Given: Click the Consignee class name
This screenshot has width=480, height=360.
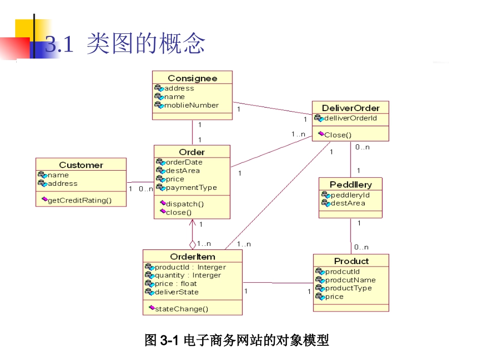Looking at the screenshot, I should (192, 78).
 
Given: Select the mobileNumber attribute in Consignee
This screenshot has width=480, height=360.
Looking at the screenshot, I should (191, 106).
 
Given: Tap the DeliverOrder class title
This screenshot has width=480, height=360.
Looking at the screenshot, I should (351, 108).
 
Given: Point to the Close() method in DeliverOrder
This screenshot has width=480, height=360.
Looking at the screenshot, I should (338, 135).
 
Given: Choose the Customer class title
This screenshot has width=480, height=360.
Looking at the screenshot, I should (81, 165).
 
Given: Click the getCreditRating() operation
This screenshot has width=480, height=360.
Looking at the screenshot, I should (79, 200).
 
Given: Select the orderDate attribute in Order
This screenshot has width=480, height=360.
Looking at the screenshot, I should (184, 162).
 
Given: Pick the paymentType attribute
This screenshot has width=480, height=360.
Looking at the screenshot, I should (191, 187).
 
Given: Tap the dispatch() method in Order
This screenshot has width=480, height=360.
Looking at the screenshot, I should (184, 204).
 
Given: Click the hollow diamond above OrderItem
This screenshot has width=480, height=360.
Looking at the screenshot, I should (193, 244).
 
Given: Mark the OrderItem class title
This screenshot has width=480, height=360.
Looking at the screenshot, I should (193, 256).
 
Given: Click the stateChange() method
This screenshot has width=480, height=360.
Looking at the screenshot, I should (181, 308).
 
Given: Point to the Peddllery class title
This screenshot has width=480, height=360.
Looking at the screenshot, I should (351, 185).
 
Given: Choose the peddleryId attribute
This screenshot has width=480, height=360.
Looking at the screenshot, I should (350, 195).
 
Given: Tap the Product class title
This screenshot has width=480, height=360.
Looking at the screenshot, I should (351, 261).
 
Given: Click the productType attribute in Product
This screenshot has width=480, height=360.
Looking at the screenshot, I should (348, 288).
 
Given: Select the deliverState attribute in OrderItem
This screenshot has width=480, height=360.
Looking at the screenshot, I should (176, 292).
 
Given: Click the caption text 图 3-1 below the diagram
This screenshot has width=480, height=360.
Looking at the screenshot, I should (162, 341).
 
